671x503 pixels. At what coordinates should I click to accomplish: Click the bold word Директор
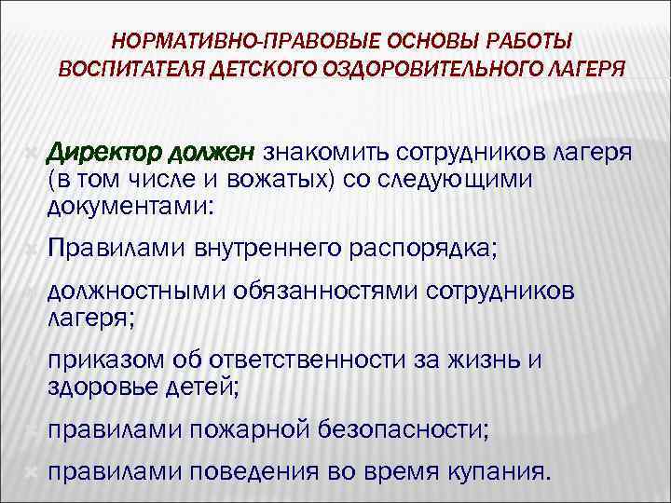103,151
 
